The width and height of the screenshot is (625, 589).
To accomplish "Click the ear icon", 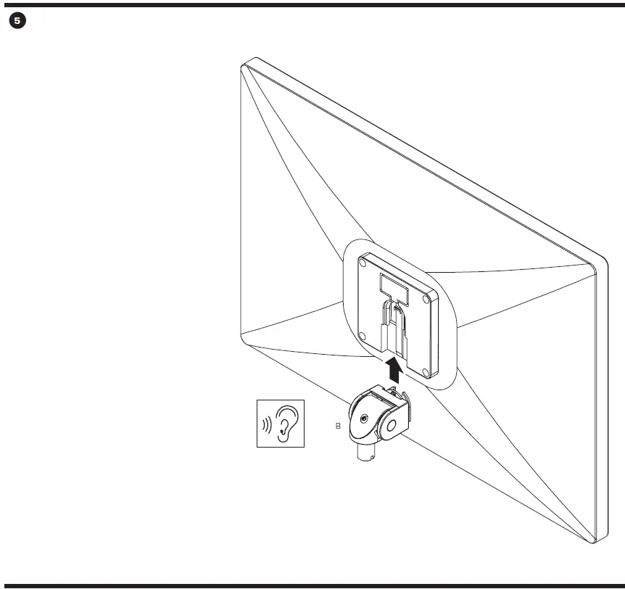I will [286, 423].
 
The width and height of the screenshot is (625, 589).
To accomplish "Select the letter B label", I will [338, 427].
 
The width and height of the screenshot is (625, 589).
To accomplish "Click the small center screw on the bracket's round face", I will [363, 419].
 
